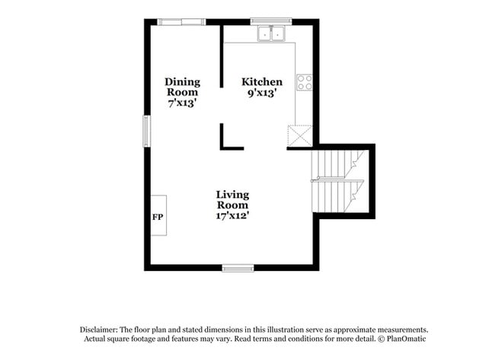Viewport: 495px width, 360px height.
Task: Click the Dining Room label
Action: coord(183,87)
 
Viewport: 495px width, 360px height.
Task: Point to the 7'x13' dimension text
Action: coord(183,103)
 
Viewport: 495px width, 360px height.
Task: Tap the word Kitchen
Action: coord(262,82)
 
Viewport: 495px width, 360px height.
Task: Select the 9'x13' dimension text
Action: coord(262,93)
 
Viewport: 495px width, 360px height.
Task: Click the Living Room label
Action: coord(232,199)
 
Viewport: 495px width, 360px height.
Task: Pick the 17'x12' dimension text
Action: coord(232,215)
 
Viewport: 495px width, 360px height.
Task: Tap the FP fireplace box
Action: coord(158,215)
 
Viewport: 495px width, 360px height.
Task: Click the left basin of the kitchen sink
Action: coord(265,33)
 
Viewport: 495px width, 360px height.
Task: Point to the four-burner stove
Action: coord(305,82)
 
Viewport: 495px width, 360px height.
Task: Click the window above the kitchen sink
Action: coord(271,21)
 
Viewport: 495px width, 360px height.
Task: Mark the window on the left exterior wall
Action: coord(148,129)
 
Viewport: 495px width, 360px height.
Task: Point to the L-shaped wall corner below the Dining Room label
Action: coord(225,145)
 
